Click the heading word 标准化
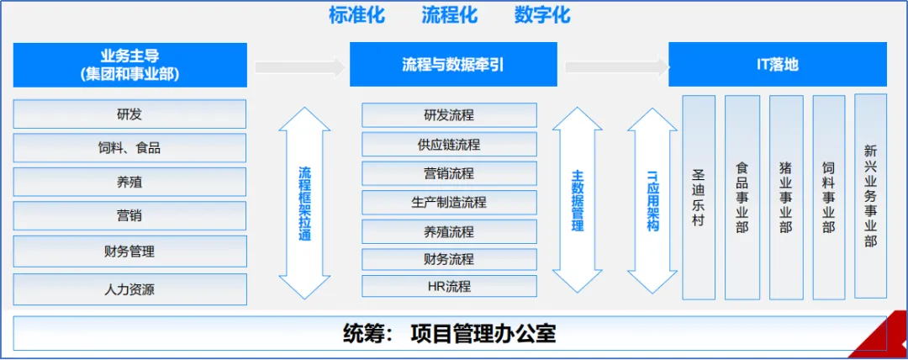pos(357,15)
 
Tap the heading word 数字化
pos(542,15)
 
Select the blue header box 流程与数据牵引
pos(453,65)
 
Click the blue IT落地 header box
pos(777,65)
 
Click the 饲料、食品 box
pos(129,148)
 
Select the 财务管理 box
pos(129,251)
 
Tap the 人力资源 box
pos(129,289)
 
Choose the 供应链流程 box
pos(449,145)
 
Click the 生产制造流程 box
pos(449,202)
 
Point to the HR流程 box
pos(449,286)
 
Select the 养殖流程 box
pos(449,231)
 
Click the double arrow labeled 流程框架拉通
pos(304,203)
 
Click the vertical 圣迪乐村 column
pos(699,198)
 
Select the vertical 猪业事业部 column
pos(785,198)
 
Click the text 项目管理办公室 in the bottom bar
pos(483,333)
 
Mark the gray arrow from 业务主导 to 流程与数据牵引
pos(299,67)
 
